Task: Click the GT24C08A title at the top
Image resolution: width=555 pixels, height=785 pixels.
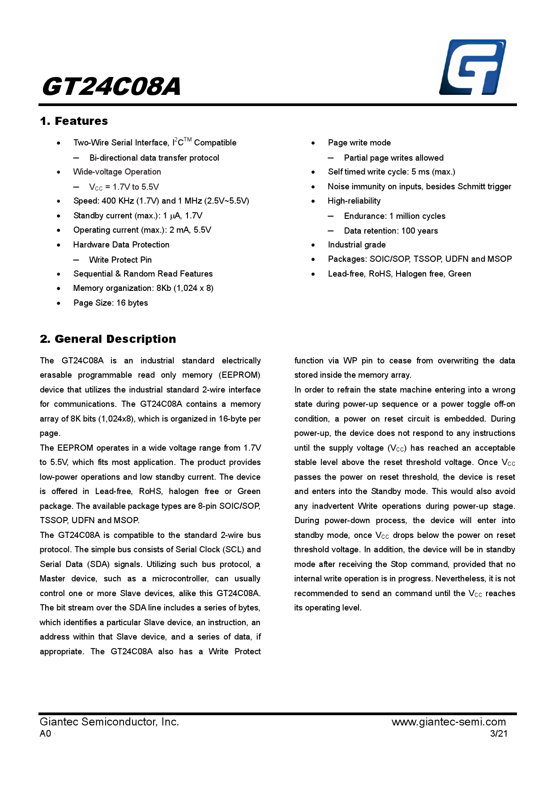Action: (111, 86)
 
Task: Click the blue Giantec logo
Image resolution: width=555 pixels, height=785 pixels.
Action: (473, 67)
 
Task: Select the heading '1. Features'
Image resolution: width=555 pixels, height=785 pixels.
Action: (74, 121)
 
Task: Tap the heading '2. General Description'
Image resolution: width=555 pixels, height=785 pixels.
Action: (108, 339)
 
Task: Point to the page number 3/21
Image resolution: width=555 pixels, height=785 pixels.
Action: (499, 734)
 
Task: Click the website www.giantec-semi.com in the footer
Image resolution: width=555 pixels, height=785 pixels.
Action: (448, 722)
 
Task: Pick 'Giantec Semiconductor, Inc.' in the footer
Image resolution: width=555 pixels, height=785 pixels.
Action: (109, 722)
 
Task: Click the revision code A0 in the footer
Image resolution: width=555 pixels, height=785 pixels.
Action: (45, 734)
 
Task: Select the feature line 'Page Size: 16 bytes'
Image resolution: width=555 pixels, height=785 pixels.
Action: (111, 303)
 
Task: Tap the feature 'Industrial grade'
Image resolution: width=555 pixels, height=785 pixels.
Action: (357, 245)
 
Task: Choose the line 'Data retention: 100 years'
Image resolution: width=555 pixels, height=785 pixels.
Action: (391, 231)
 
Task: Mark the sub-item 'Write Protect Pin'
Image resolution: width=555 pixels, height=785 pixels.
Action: (120, 260)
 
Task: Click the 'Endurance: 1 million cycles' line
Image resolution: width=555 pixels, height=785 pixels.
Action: (395, 216)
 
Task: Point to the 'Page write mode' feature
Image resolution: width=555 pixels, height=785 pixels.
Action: (359, 143)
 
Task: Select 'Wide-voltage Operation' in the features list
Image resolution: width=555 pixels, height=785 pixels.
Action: (117, 172)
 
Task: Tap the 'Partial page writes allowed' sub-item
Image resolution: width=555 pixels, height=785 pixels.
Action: (394, 158)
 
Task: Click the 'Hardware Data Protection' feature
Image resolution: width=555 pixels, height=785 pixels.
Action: (121, 245)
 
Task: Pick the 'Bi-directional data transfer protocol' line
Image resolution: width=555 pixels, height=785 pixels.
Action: (154, 158)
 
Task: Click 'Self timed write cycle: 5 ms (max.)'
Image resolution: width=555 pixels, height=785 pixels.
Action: (391, 172)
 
